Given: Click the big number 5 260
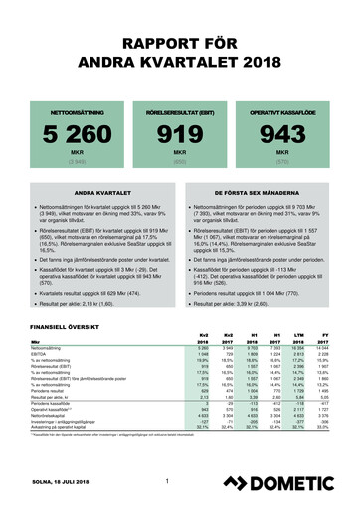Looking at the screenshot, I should click(x=70, y=135).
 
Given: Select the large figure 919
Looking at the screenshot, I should click(x=179, y=135).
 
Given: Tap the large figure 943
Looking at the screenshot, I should click(x=289, y=135).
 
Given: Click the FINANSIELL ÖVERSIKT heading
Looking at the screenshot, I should click(x=71, y=325).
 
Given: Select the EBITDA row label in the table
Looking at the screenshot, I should click(x=40, y=353).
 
